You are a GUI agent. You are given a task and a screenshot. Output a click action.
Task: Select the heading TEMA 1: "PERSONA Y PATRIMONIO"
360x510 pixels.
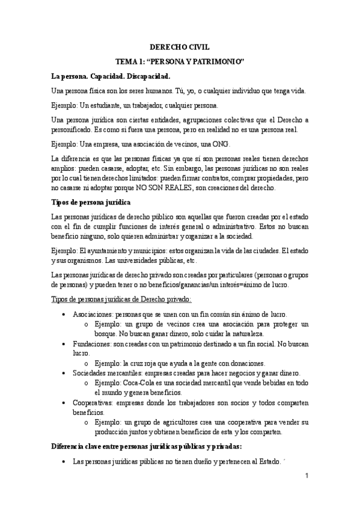(x=180, y=62)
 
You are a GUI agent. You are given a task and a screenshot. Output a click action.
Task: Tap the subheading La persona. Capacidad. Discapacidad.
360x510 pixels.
(x=111, y=77)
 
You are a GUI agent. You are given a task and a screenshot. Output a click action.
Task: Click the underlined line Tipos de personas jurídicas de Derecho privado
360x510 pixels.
(x=122, y=299)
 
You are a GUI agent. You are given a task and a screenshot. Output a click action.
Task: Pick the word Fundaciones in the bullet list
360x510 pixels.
(x=91, y=343)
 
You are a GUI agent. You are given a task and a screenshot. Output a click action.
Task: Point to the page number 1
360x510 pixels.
(x=307, y=476)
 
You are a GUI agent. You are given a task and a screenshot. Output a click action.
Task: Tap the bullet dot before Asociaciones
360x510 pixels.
(x=64, y=315)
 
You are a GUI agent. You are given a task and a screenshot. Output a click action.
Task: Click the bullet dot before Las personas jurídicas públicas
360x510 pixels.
(x=64, y=462)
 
